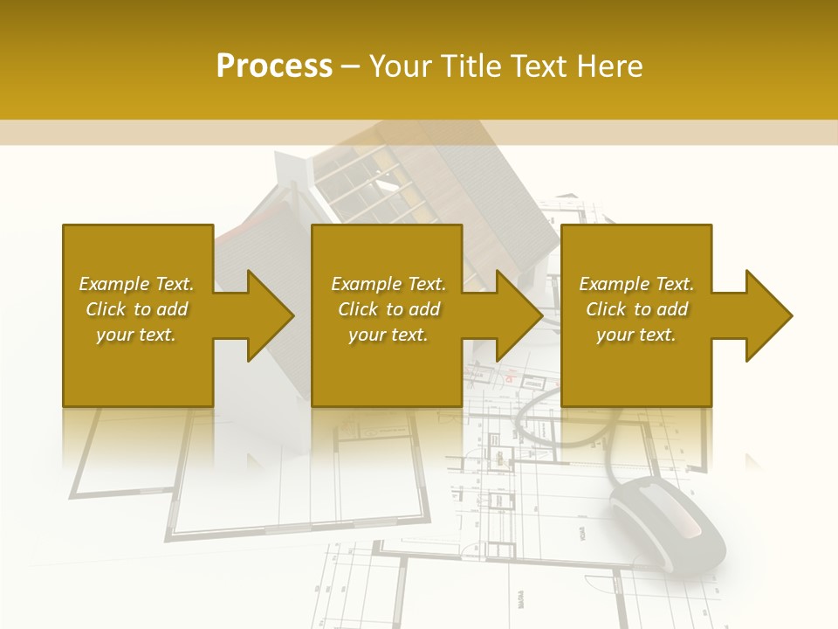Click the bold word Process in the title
coord(274,66)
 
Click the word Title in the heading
coord(465,66)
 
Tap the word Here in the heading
coord(608,66)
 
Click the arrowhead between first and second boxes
coord(266,315)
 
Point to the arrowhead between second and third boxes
coord(515,315)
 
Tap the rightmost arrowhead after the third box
coord(765,315)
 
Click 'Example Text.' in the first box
coord(136,284)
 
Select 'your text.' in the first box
coord(136,335)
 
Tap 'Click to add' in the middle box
coord(388,309)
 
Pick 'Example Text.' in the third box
coord(636,284)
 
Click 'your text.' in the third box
coord(636,335)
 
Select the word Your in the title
coord(402,66)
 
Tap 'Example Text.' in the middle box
coord(388,284)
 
